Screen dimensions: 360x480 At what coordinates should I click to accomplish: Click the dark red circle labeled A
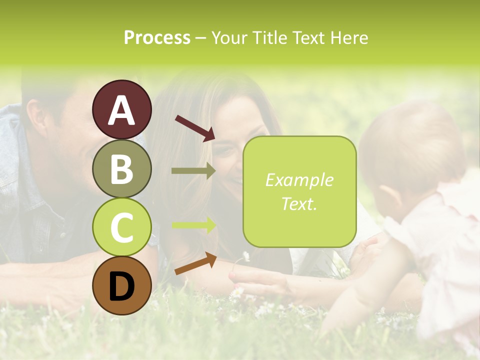(x=121, y=109)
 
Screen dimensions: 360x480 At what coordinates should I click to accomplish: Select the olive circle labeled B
(x=121, y=168)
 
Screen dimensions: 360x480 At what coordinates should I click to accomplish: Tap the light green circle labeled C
(x=121, y=227)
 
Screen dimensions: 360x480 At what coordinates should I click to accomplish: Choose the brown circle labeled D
(x=121, y=285)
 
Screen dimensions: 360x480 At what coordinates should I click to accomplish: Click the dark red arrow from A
(x=194, y=127)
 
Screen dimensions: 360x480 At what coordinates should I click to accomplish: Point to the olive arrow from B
(x=193, y=170)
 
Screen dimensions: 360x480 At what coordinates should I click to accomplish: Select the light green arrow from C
(x=193, y=225)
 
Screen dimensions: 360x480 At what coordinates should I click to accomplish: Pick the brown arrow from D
(x=195, y=264)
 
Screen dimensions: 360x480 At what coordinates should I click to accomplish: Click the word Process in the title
(x=157, y=38)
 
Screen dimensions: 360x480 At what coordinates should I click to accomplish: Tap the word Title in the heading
(x=269, y=38)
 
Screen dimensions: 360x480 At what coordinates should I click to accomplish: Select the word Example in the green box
(x=299, y=180)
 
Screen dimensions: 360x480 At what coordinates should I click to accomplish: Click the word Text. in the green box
(x=299, y=203)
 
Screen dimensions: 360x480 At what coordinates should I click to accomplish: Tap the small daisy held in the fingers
(x=246, y=257)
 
